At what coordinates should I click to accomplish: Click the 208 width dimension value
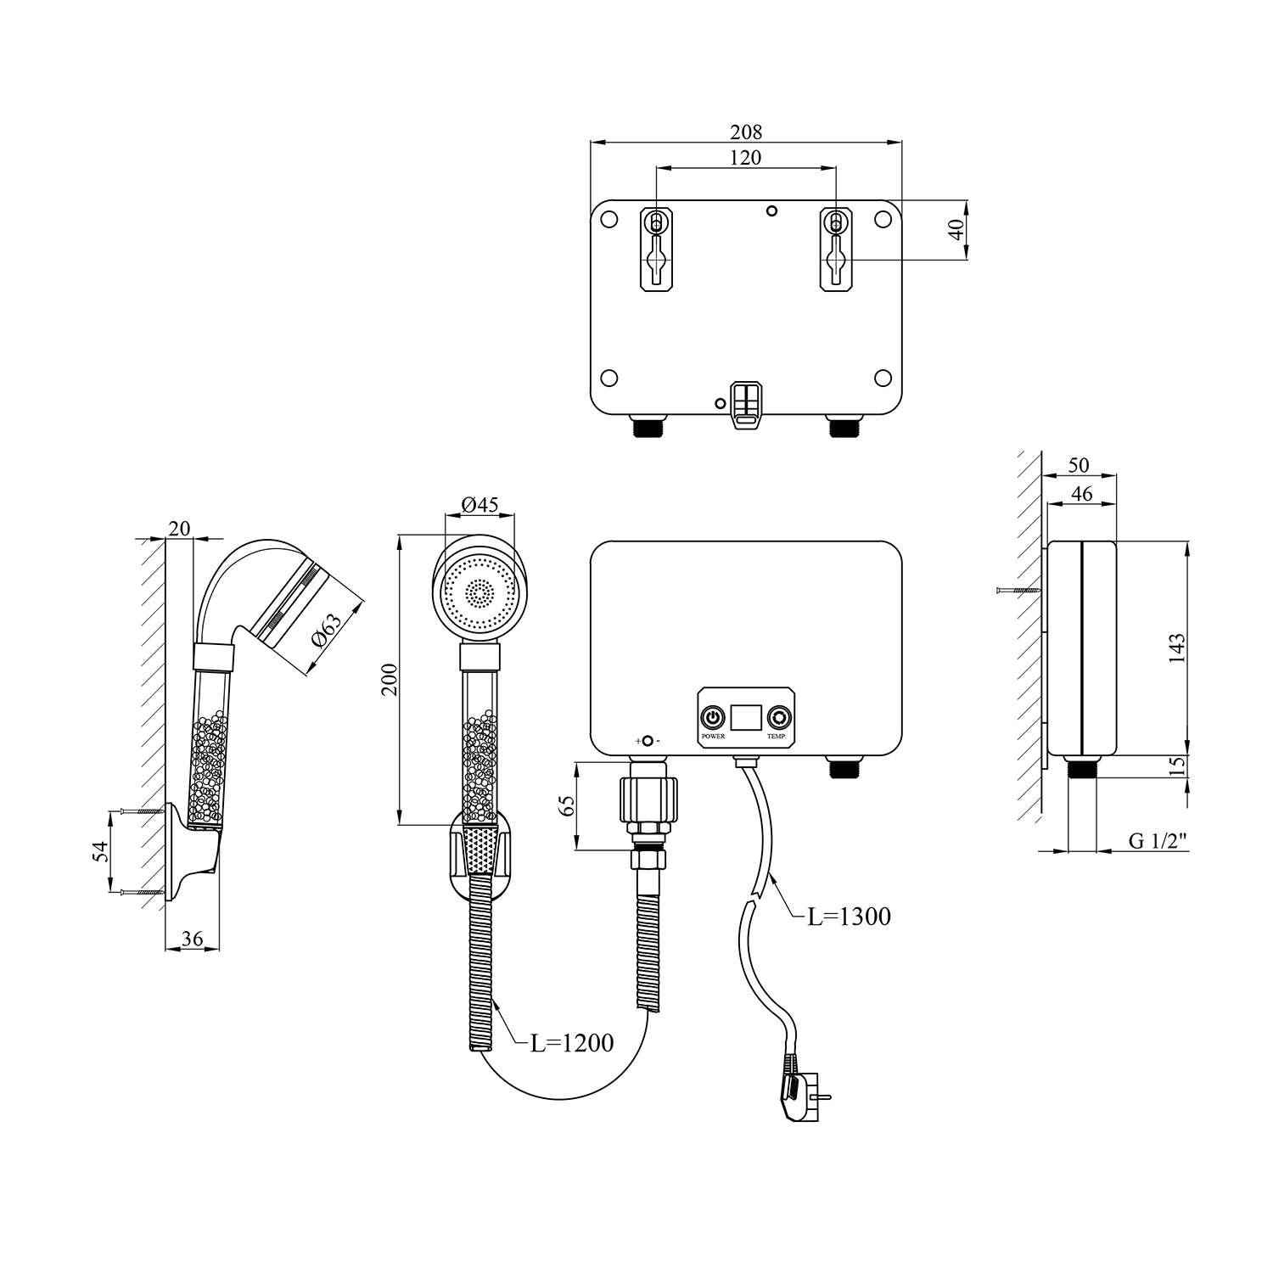pos(746,132)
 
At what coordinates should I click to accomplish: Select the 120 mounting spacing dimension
pos(746,157)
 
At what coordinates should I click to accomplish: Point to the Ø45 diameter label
pos(479,504)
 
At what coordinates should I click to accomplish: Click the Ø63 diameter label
pos(327,630)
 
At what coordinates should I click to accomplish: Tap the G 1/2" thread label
pos(1158,841)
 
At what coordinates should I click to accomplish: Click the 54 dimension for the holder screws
pos(100,852)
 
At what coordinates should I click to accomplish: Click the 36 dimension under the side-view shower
pos(193,939)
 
